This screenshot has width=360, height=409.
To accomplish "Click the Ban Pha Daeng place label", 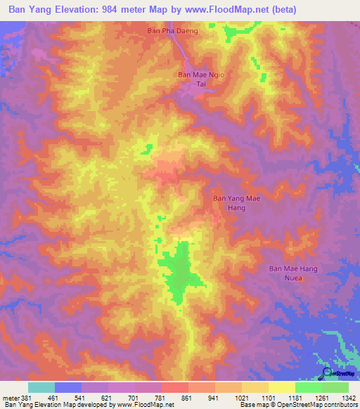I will [x=172, y=31].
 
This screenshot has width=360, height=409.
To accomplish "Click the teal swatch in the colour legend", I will [x=41, y=387].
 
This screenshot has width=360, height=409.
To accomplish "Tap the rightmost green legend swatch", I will [x=335, y=387].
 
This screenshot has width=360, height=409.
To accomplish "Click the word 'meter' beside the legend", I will [x=11, y=397].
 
